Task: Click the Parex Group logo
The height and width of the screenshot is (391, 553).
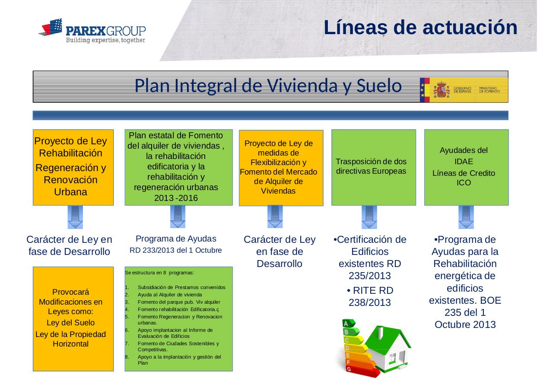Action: [92, 30]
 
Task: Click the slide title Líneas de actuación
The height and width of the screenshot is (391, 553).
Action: [420, 27]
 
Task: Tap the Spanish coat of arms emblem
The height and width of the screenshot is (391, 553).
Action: [442, 90]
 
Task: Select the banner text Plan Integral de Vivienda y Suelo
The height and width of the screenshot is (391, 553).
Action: [268, 86]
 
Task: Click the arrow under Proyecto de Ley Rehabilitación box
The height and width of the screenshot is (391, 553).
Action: [75, 217]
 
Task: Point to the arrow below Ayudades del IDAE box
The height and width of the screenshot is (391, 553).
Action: [466, 217]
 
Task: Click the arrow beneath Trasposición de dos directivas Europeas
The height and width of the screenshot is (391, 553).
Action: [369, 217]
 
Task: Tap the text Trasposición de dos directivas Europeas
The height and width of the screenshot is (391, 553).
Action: [371, 166]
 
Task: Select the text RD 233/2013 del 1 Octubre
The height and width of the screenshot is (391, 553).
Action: [176, 250]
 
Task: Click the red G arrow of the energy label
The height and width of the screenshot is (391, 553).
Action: [362, 372]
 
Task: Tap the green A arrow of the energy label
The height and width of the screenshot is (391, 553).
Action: [349, 323]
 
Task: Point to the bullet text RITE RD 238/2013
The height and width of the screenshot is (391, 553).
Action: [370, 296]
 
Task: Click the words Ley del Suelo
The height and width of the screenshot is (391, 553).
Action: [70, 323]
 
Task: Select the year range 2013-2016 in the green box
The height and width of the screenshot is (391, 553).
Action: [176, 198]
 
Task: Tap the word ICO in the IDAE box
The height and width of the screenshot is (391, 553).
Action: [464, 183]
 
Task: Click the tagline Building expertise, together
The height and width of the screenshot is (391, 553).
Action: [105, 40]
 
